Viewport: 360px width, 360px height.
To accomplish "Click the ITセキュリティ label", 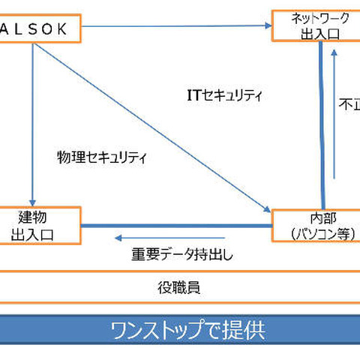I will [224, 95].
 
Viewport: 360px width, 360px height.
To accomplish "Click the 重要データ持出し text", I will [183, 254].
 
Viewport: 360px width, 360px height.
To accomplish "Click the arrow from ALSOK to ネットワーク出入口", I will [172, 27].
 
